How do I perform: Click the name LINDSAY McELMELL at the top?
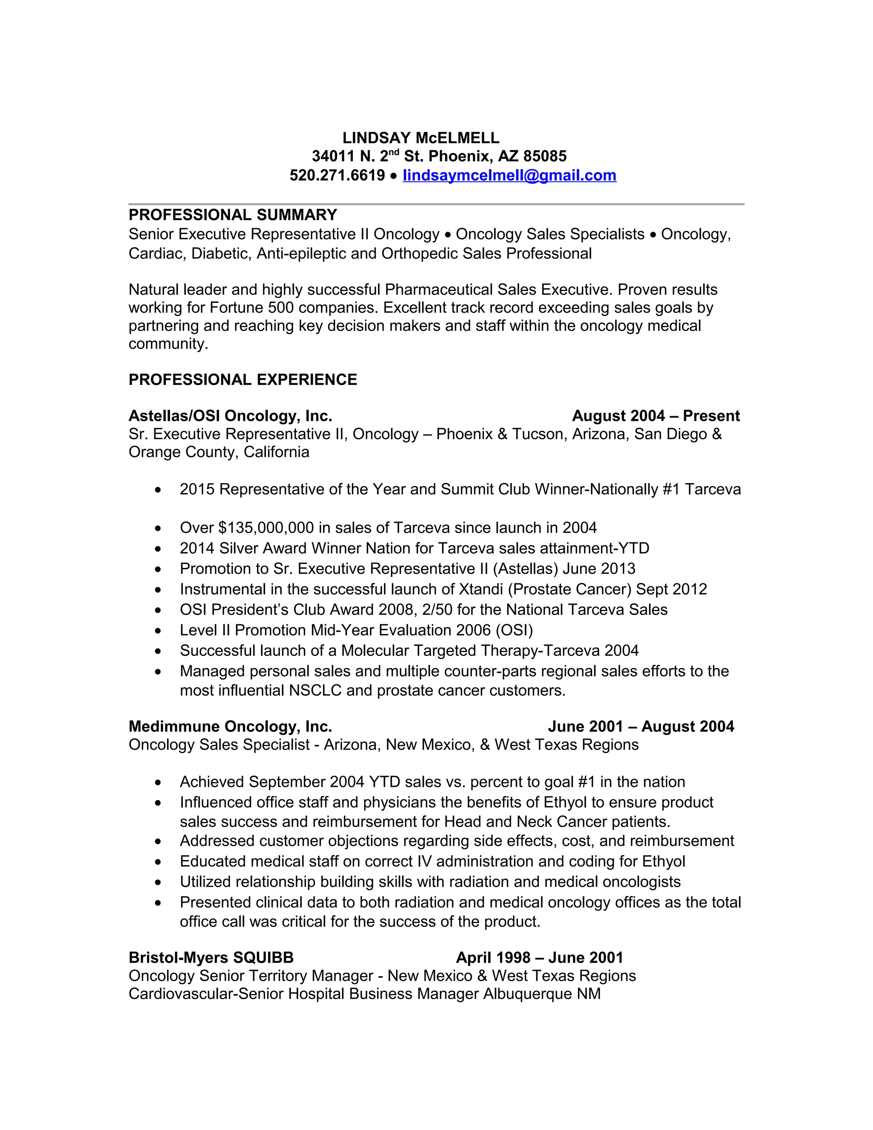point(421,138)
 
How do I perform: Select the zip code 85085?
point(545,156)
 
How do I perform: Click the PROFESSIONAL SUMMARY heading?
point(233,215)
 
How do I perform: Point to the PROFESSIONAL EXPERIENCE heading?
point(243,380)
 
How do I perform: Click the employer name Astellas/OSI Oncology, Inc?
point(230,416)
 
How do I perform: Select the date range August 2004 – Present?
point(656,416)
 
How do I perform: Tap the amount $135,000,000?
point(266,528)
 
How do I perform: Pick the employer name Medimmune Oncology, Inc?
point(230,727)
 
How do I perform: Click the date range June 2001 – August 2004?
point(641,727)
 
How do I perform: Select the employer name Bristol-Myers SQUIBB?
point(211,958)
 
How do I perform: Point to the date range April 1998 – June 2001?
point(539,958)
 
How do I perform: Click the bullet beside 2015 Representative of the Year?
point(158,490)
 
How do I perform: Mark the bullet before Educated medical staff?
point(158,862)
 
